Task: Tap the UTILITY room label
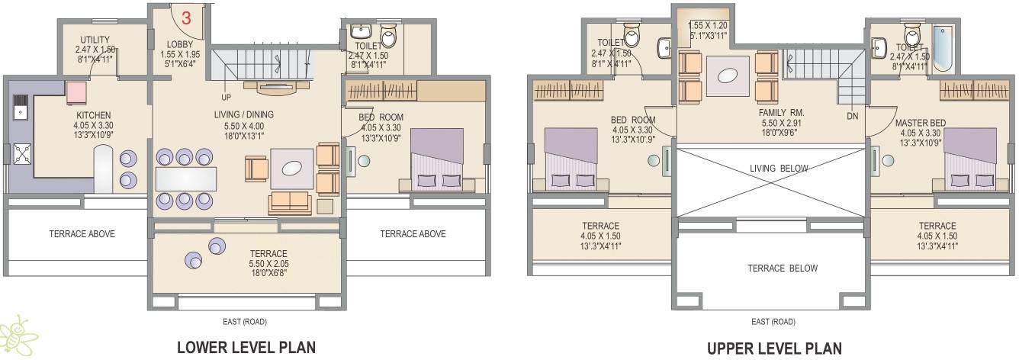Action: point(95,40)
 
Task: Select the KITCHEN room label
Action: point(93,115)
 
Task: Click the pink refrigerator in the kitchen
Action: point(77,92)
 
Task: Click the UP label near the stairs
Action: point(227,98)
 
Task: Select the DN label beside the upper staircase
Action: point(853,116)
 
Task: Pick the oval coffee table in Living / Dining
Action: point(291,169)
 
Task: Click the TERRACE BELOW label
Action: point(771,268)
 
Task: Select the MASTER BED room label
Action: point(921,123)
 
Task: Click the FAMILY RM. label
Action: point(770,112)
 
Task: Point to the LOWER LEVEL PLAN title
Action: point(246,348)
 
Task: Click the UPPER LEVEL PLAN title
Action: point(774,349)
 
